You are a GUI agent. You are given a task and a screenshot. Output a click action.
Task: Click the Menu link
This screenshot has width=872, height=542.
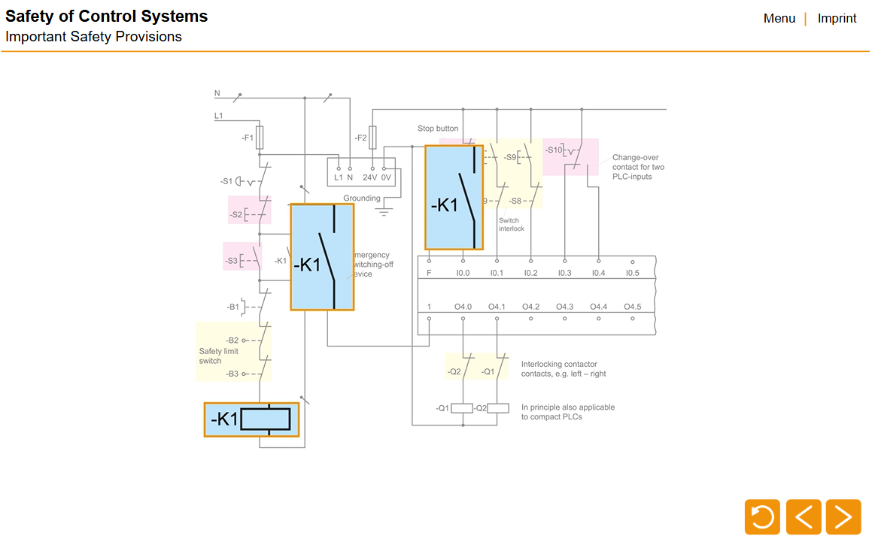tap(779, 19)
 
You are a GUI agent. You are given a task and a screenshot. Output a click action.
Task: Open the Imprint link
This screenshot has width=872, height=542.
tap(837, 19)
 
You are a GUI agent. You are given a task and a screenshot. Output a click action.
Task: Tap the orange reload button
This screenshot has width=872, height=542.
tap(762, 517)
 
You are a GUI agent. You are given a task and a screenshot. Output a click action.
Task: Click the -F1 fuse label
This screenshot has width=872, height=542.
tap(247, 138)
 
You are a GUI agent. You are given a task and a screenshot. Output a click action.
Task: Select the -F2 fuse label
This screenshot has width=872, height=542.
tap(360, 138)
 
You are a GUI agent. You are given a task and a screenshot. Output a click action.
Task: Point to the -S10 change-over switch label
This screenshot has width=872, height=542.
tap(554, 150)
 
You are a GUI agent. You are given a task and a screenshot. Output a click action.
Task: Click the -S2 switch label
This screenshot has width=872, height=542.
tap(236, 215)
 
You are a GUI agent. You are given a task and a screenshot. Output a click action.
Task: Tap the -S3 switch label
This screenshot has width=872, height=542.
tap(232, 262)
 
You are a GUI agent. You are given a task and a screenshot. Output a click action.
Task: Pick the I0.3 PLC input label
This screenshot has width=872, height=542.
tap(564, 273)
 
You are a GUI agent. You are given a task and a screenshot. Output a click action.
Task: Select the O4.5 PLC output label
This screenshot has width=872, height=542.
tap(632, 307)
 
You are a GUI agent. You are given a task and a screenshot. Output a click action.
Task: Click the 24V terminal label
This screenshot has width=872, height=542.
tap(369, 177)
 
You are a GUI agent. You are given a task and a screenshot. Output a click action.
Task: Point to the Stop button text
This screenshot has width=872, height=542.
tap(438, 129)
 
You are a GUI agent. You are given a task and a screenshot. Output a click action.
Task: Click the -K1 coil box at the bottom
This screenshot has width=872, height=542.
tap(251, 419)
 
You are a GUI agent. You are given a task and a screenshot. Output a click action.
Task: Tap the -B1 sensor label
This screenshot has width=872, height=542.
tap(233, 307)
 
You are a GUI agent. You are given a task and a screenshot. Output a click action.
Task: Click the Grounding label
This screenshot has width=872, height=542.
tap(362, 198)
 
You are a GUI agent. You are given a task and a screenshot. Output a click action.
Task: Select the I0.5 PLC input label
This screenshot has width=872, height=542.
tap(632, 273)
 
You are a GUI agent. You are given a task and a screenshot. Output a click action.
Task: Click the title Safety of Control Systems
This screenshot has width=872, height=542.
tap(107, 17)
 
